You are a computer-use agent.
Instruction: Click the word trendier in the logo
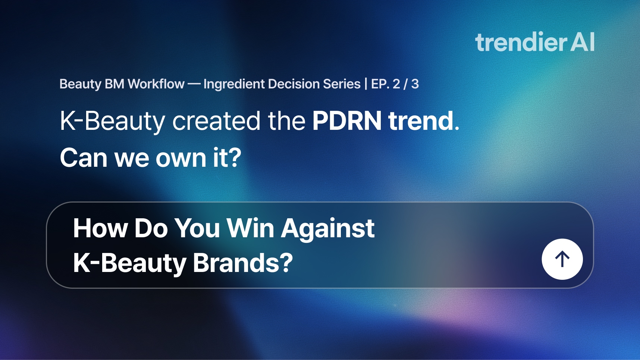[521, 42]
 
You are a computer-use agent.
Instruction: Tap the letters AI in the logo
[582, 42]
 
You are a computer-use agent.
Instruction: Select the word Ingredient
[234, 84]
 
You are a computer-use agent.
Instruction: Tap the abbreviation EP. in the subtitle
[380, 84]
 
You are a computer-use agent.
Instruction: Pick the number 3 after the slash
[415, 84]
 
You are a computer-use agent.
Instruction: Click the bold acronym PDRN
[347, 121]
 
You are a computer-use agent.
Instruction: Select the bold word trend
[421, 121]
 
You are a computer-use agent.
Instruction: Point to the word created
[216, 121]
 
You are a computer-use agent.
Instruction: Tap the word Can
[84, 157]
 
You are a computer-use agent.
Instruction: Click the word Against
[328, 229]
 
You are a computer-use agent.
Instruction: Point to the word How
[100, 228]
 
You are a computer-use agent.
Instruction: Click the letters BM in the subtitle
[114, 84]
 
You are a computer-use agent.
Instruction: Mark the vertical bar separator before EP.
[366, 84]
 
